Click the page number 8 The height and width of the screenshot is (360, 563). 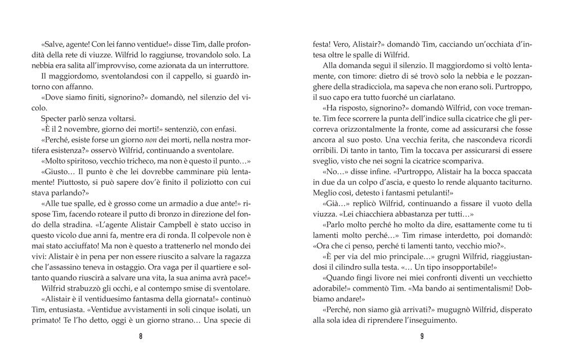pos(140,337)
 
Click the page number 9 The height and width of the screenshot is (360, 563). pos(422,337)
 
